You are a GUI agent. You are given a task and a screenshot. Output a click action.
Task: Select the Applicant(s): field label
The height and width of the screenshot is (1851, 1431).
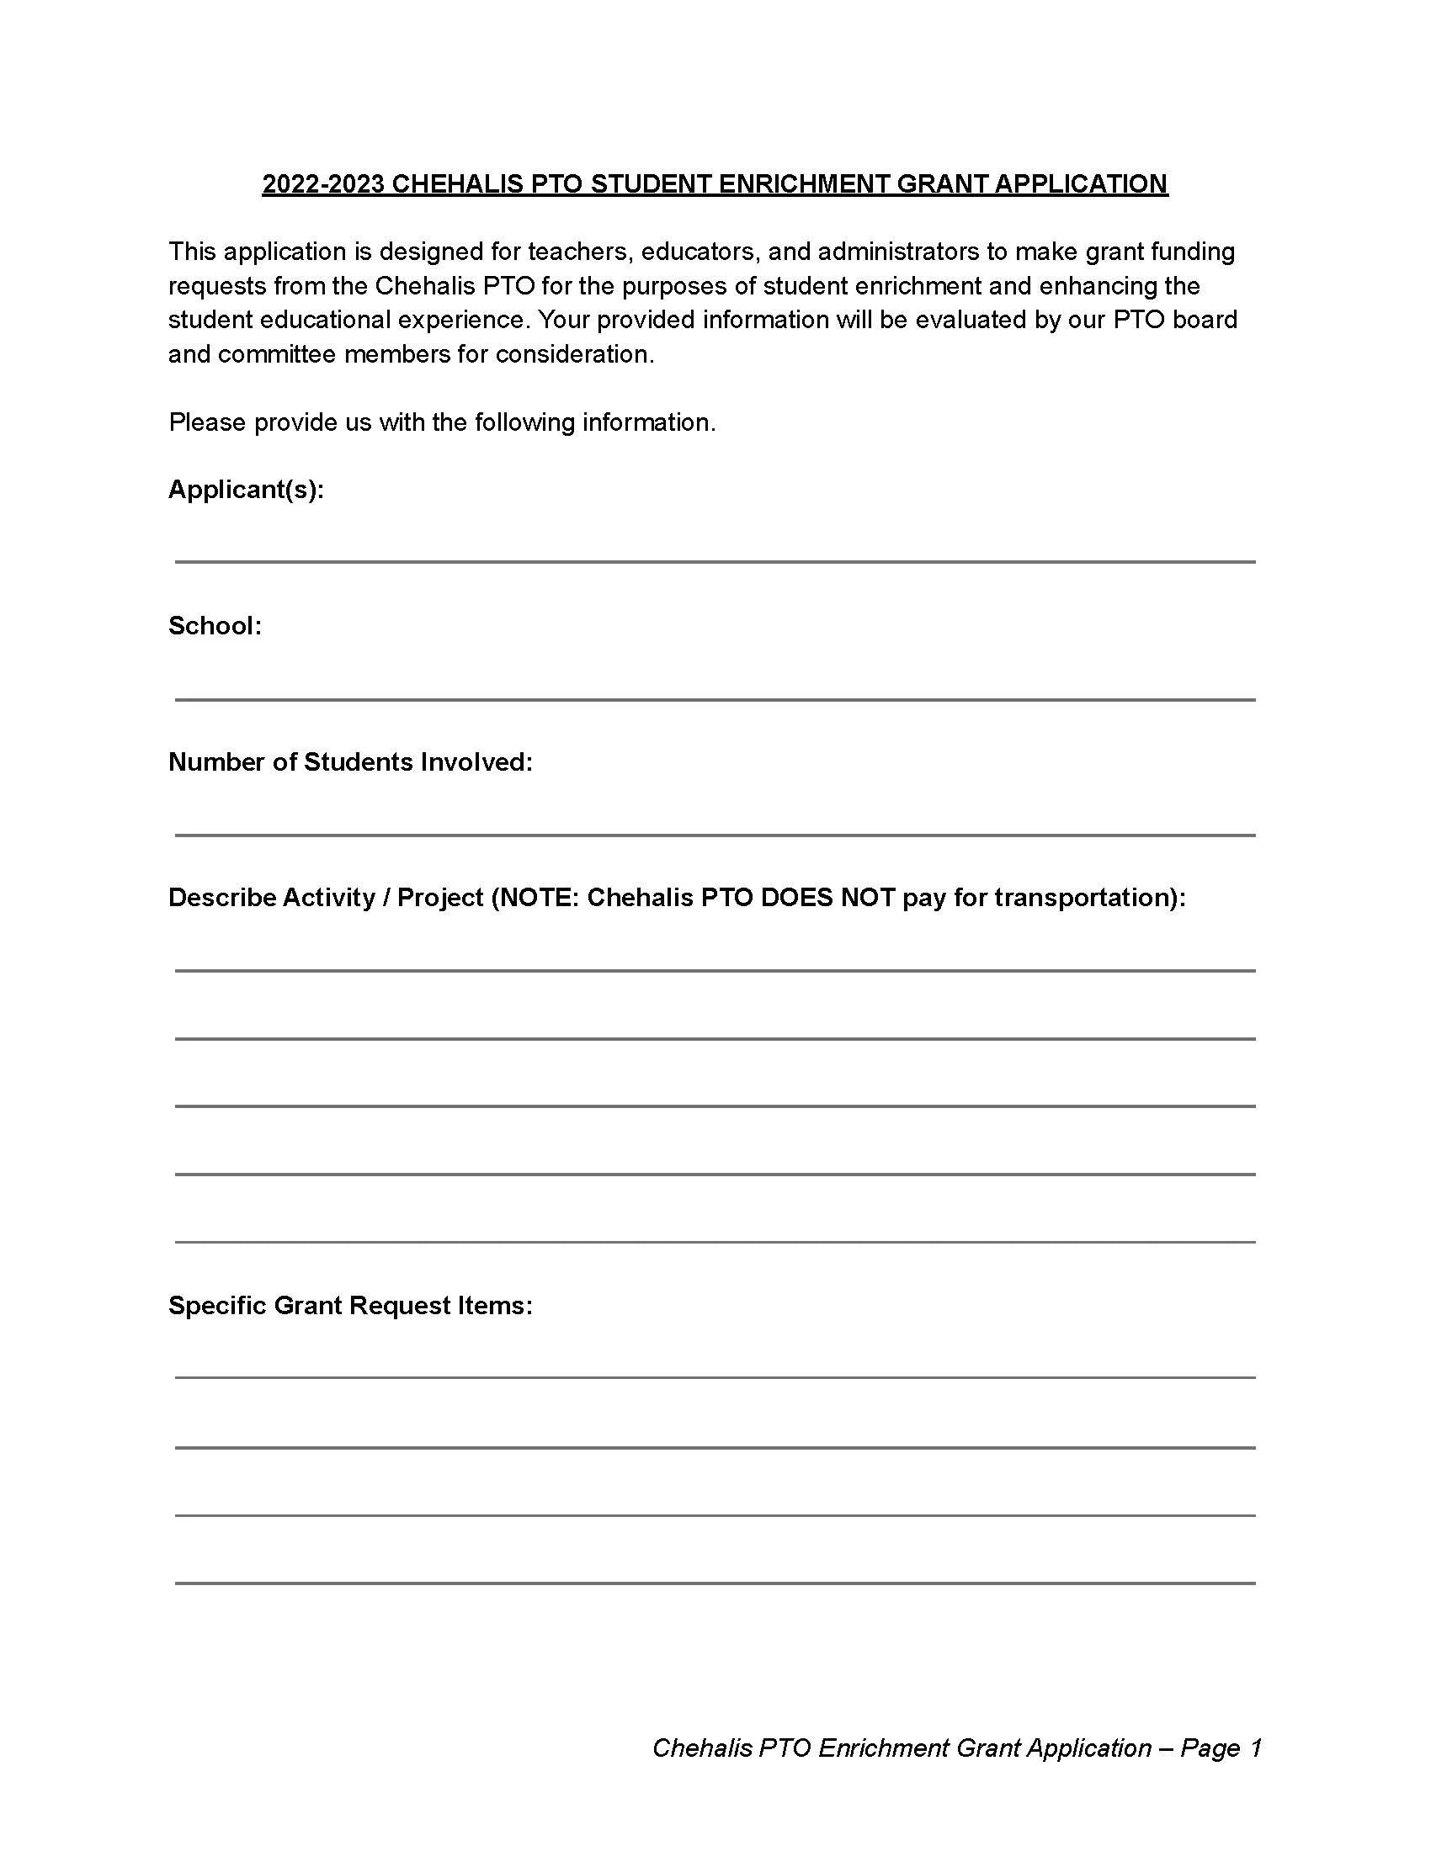[246, 489]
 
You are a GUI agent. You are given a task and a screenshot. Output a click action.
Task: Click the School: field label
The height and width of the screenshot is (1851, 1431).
[215, 625]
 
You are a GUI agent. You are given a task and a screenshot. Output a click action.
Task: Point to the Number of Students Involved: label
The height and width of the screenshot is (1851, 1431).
[350, 762]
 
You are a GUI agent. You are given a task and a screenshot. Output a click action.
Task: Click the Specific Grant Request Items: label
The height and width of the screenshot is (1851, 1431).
[350, 1305]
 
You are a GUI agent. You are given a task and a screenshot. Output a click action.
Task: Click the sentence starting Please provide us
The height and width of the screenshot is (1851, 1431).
[442, 422]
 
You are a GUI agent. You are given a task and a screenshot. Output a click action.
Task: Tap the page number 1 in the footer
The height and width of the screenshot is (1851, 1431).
[1256, 1748]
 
